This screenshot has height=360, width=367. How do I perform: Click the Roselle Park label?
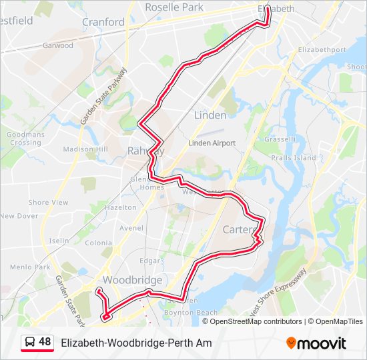(173, 7)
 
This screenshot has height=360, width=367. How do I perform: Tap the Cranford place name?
(103, 22)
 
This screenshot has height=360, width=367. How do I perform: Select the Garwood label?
(58, 46)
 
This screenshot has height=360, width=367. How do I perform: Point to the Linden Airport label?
(212, 143)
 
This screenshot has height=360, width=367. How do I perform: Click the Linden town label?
(210, 115)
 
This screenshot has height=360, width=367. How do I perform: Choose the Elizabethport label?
(322, 50)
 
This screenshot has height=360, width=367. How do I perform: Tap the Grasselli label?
(280, 139)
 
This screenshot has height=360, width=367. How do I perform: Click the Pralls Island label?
(294, 158)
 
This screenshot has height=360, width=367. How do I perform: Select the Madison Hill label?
(85, 149)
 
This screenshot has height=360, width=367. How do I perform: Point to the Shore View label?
(48, 203)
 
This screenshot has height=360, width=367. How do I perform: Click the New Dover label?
(19, 216)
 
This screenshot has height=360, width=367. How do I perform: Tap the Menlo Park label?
(30, 267)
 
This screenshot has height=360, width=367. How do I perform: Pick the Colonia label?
(98, 243)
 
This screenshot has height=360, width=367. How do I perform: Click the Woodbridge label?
(133, 280)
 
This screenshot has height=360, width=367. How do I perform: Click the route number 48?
(45, 342)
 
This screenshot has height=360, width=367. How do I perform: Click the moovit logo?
(316, 343)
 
